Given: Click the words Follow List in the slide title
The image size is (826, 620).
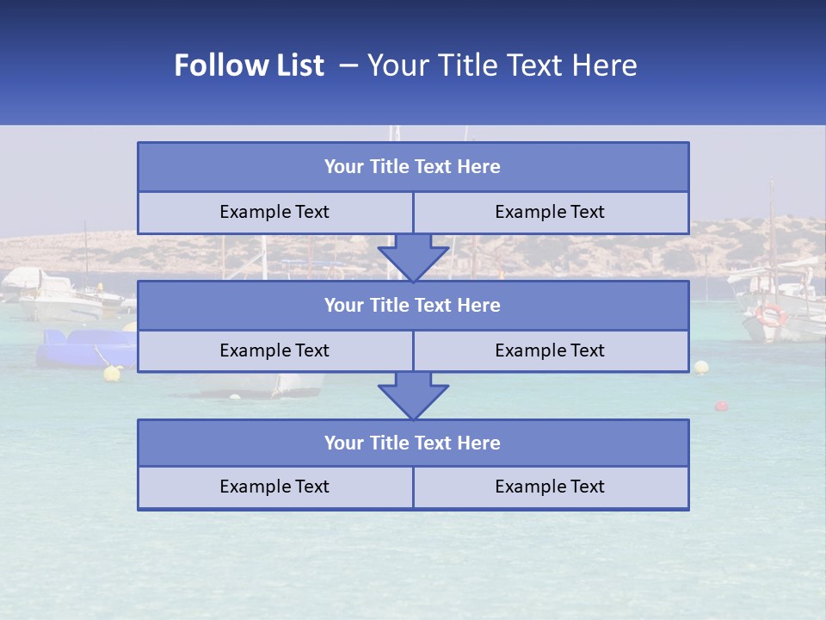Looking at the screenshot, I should pos(249,65).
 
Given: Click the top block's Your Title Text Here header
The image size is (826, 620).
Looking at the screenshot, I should pos(412,167).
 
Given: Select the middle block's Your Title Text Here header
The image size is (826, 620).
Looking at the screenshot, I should pos(412,305).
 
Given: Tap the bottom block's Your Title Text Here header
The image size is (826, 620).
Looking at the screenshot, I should pos(412,443).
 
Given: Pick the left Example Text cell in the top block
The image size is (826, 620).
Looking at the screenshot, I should pos(274,212).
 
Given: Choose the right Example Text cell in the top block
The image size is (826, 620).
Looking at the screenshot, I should pos(550,212).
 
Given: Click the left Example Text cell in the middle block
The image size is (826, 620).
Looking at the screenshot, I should pos(274,350).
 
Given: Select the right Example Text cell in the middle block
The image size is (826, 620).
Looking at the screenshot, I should pos(550,350).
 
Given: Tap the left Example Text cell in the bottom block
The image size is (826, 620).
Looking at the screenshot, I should pos(274,487).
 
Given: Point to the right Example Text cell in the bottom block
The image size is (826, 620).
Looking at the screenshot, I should pos(550,487).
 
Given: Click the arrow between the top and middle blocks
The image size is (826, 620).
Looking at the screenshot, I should pos(413,257).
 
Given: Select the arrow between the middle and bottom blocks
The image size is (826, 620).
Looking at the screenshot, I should pos(413,395).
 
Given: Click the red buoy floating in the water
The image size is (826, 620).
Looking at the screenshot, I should pos(721,406).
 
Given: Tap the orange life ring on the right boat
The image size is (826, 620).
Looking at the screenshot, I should pos(770,315).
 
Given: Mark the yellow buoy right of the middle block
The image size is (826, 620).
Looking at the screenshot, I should pos(702,368).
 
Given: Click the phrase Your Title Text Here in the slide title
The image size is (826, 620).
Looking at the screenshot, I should pos(502,65).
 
